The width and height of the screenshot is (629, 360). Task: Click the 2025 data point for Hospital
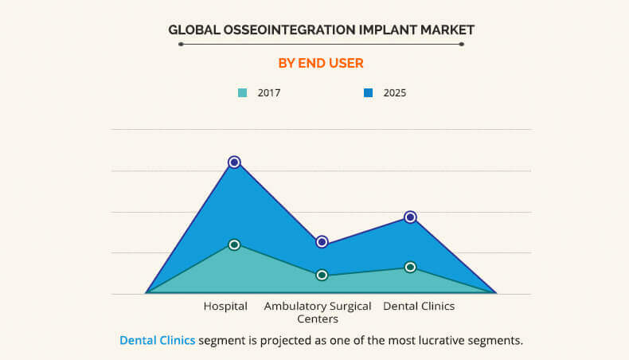234,162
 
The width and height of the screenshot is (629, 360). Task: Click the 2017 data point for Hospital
234,245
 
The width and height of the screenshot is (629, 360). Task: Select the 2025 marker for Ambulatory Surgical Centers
322,241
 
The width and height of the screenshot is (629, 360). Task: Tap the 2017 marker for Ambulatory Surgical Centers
322,275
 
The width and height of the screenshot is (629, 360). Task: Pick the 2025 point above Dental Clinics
410,217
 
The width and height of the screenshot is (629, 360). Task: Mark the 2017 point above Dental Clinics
410,267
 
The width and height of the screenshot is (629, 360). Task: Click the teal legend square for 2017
243,92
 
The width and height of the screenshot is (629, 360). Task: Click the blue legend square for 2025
368,92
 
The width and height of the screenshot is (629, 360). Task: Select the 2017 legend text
269,92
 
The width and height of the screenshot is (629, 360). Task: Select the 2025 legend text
395,92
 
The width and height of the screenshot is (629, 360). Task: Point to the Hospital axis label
225,306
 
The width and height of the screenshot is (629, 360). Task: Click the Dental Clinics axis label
419,306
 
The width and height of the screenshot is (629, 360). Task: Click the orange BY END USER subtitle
321,62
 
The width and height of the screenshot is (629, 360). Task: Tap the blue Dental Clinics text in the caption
157,340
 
